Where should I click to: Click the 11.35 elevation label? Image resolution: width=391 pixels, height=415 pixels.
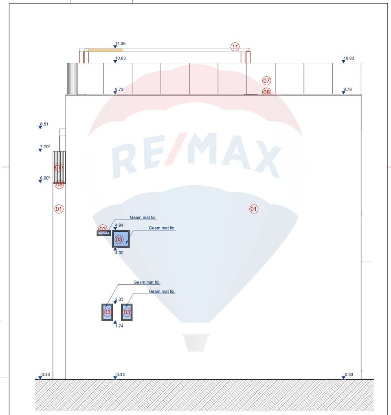120,43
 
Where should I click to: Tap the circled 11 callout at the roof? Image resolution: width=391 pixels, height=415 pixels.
235,47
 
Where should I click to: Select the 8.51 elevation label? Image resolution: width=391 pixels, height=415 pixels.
44,124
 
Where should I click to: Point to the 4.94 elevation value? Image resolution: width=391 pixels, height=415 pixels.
119,225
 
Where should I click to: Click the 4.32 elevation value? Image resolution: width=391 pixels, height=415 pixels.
119,253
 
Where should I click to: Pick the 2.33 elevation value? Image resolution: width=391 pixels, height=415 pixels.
119,299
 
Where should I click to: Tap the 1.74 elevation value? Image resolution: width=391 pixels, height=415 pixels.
119,326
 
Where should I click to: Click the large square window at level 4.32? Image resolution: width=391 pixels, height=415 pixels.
121,239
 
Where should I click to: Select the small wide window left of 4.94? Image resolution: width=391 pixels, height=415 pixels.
103,233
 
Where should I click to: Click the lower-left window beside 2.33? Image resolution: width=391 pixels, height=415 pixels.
107,312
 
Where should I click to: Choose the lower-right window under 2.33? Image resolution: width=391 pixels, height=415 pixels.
127,312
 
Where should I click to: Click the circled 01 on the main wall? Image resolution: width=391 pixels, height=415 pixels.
254,209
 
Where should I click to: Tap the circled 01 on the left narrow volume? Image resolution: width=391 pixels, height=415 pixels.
59,209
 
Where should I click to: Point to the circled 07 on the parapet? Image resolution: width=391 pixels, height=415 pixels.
267,81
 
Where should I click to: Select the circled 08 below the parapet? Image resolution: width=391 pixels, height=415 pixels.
267,92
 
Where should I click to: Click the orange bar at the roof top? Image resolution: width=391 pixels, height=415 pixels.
105,50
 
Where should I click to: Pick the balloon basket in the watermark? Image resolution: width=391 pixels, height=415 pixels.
195,343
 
